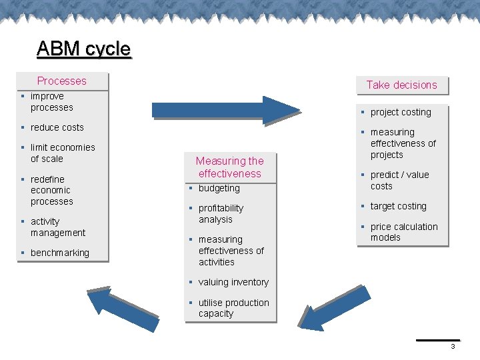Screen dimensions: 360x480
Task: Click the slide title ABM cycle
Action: [x=84, y=49]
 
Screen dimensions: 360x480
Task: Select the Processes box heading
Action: [x=62, y=81]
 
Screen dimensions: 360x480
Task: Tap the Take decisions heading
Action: [x=401, y=85]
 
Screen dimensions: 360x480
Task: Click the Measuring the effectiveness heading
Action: [x=229, y=167]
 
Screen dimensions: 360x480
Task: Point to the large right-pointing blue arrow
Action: [x=227, y=109]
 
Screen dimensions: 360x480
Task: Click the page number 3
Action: [x=453, y=347]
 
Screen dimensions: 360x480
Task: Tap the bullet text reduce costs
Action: [x=57, y=127]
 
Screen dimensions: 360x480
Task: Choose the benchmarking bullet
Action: [x=59, y=253]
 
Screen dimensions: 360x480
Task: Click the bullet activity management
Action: [x=57, y=227]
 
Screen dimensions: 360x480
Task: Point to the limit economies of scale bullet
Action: [x=62, y=153]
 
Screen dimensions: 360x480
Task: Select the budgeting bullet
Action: [x=219, y=188]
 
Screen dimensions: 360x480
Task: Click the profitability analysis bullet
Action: [x=221, y=213]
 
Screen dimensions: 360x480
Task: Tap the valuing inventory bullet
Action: [x=233, y=282]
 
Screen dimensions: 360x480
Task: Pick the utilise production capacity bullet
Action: [x=233, y=308]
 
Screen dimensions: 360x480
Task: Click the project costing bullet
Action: [x=401, y=112]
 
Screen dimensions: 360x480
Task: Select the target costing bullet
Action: [x=398, y=206]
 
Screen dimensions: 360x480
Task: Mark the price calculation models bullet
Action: [x=403, y=232]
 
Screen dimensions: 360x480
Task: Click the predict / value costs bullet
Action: [x=399, y=180]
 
